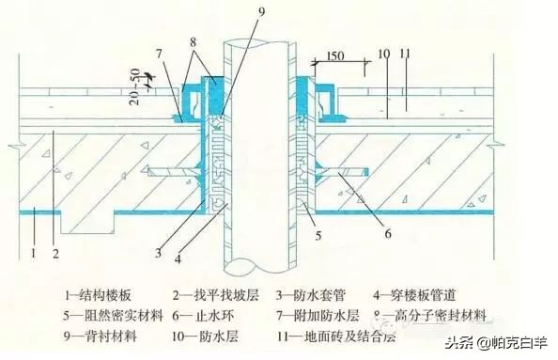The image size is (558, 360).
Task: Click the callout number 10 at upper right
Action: (383, 55)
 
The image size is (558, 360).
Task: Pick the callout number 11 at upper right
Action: (407, 55)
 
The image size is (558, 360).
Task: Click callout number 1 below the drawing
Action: (35, 252)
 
